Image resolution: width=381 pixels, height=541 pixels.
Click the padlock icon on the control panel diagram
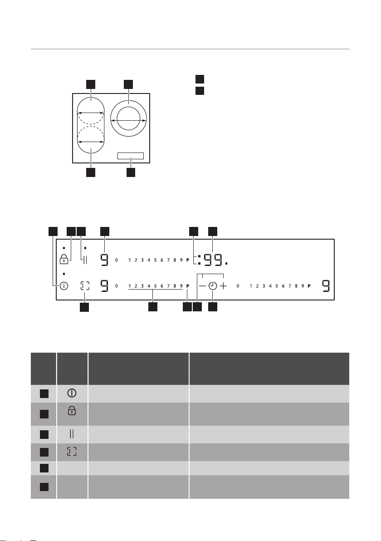(x=64, y=259)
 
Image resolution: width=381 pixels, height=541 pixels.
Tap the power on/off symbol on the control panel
(x=64, y=286)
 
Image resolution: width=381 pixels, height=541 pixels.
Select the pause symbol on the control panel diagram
(x=85, y=260)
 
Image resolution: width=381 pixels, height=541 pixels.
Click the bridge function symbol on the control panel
(x=85, y=285)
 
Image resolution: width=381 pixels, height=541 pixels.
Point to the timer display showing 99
(x=213, y=260)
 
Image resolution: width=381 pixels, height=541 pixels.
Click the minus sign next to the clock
(x=202, y=286)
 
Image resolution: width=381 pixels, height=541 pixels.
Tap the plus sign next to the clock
(x=224, y=286)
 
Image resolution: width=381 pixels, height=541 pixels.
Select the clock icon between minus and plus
(x=213, y=286)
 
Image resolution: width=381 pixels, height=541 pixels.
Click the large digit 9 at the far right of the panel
(x=326, y=286)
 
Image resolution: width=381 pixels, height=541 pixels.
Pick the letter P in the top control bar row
(x=188, y=260)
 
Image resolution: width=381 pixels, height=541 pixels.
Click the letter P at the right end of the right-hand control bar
(x=309, y=286)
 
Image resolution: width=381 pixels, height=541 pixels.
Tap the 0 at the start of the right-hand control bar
(x=238, y=286)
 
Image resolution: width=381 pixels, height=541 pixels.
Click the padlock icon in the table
(x=72, y=410)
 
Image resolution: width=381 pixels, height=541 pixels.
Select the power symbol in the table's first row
(x=72, y=393)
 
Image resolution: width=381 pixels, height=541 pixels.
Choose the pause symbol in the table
(x=72, y=434)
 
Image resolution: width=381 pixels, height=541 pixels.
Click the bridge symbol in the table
(x=72, y=452)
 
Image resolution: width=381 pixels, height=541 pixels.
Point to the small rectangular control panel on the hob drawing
(x=130, y=156)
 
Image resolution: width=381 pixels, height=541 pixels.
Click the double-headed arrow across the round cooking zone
(x=128, y=120)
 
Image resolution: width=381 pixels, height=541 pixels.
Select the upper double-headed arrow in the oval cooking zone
(x=91, y=113)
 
